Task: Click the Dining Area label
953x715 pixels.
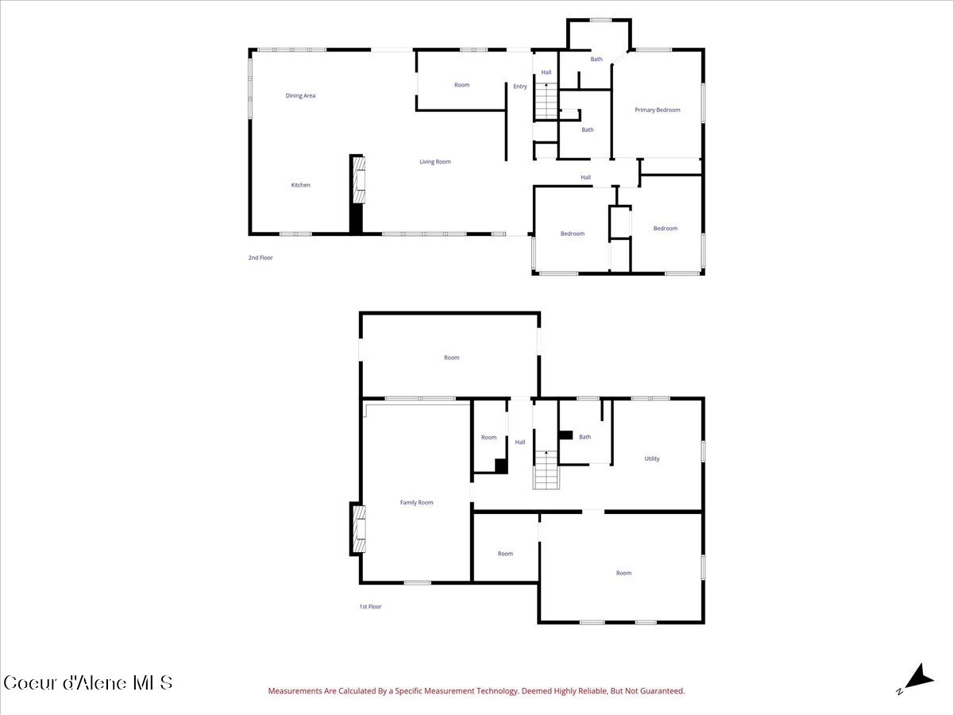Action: pyautogui.click(x=300, y=95)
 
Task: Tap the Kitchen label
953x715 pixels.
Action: pyautogui.click(x=300, y=185)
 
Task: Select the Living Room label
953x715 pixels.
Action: pyautogui.click(x=435, y=161)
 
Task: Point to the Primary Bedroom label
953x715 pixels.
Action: pyautogui.click(x=658, y=110)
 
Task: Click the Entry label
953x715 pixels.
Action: pyautogui.click(x=519, y=87)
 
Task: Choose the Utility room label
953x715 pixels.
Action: pyautogui.click(x=652, y=458)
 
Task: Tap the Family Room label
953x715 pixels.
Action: pyautogui.click(x=416, y=502)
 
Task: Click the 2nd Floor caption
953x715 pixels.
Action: pyautogui.click(x=260, y=257)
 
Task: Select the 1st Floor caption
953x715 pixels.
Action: pyautogui.click(x=370, y=606)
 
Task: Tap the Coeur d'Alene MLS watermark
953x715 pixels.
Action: pyautogui.click(x=88, y=683)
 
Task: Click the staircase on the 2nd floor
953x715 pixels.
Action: pyautogui.click(x=546, y=101)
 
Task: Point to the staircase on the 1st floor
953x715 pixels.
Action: pyautogui.click(x=546, y=470)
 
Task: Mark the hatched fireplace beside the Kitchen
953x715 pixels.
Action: pyautogui.click(x=359, y=180)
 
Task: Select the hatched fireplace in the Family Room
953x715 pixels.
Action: pyautogui.click(x=359, y=529)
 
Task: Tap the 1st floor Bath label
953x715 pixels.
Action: pyautogui.click(x=585, y=437)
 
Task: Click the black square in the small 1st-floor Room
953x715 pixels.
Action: pyautogui.click(x=501, y=466)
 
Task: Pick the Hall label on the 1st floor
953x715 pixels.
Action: pyautogui.click(x=520, y=442)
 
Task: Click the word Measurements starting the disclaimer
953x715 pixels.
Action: pyautogui.click(x=295, y=690)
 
